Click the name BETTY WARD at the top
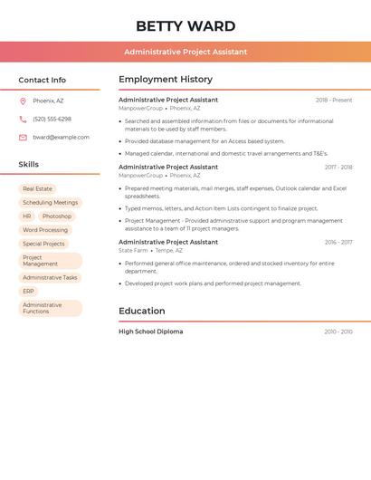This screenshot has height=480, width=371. tap(185, 26)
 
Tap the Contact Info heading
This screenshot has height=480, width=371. tap(43, 80)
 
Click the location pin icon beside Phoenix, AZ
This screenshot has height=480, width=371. tap(23, 101)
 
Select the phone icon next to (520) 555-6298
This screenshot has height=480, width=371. tap(23, 119)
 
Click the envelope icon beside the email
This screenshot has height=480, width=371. tap(23, 138)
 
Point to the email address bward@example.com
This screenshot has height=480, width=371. tap(62, 138)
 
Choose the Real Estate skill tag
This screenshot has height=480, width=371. tap(37, 188)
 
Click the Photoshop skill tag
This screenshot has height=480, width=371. tap(56, 216)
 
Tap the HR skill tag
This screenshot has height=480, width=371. tap(27, 216)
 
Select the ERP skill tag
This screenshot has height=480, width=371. tap(28, 292)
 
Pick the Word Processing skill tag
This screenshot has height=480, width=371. tap(45, 230)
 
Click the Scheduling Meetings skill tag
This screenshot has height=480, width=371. tap(50, 203)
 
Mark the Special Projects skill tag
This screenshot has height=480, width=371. tap(43, 244)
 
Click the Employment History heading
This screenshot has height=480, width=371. tap(166, 80)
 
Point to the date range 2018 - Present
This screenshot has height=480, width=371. tap(334, 101)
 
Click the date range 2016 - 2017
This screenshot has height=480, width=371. tap(338, 243)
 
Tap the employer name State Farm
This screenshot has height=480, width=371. tap(133, 251)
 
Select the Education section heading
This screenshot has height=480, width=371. tap(141, 312)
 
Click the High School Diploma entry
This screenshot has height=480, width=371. tap(150, 332)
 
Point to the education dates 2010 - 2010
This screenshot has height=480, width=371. tap(338, 332)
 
